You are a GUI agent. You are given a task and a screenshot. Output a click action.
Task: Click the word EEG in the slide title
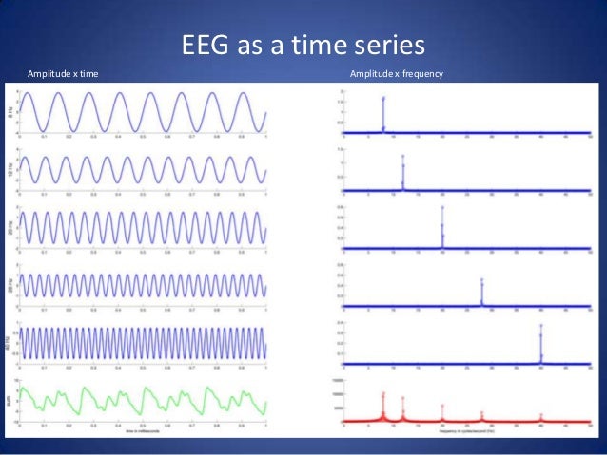pos(204,47)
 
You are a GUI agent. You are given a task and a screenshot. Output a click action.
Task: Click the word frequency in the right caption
pos(421,73)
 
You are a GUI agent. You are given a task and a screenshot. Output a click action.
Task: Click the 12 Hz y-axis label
pos(10,169)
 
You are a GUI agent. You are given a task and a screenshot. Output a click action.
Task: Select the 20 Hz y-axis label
pos(10,227)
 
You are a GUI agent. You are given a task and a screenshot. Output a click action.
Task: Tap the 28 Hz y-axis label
pos(10,285)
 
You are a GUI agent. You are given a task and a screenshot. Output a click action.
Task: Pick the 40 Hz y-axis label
pos(10,342)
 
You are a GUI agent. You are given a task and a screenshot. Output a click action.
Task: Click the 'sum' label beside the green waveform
pos(10,401)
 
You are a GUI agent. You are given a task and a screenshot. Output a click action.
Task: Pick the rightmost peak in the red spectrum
pos(540,416)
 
